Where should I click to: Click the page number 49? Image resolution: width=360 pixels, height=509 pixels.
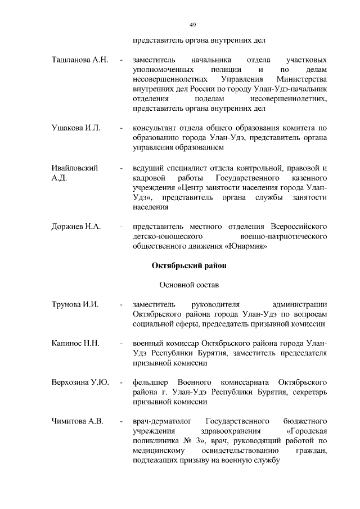(192, 25)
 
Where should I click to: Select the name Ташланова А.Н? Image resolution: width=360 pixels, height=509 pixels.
(79, 60)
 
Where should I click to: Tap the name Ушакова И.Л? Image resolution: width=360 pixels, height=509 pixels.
(75, 128)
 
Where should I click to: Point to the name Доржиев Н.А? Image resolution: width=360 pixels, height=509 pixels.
(76, 227)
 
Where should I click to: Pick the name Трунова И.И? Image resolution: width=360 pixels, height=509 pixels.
(75, 304)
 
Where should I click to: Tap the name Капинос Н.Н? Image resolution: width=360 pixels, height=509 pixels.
(75, 344)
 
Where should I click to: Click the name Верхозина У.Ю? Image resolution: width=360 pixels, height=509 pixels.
(80, 382)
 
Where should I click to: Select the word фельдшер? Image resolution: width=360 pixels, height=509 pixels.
(150, 382)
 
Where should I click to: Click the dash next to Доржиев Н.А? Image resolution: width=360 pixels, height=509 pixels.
(121, 227)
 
